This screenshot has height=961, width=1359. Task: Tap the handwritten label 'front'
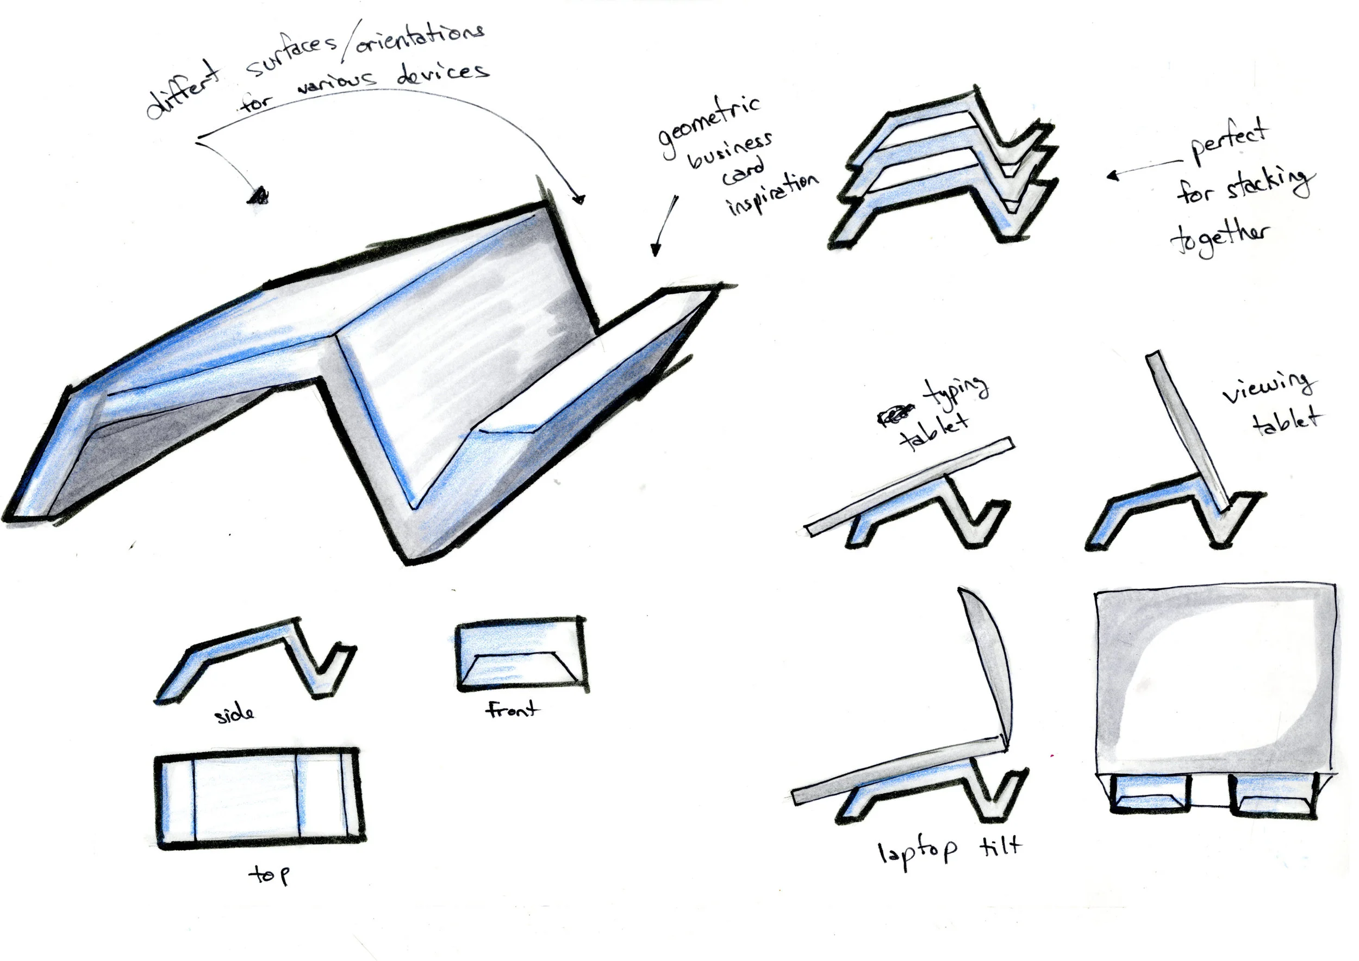coord(512,709)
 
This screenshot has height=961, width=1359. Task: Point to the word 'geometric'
coord(709,127)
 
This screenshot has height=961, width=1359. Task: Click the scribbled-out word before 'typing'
coord(895,414)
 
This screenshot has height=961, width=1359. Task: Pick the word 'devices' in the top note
coord(442,73)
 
